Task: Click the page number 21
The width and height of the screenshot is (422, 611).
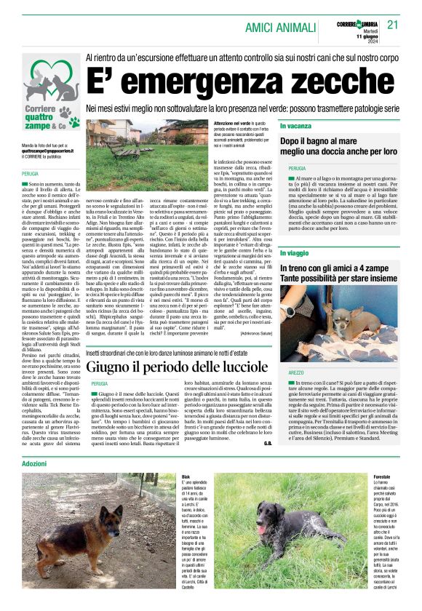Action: [394, 25]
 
